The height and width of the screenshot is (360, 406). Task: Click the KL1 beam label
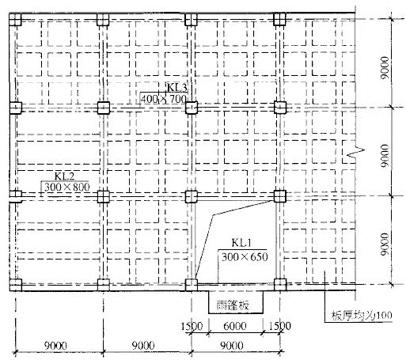(x=241, y=243)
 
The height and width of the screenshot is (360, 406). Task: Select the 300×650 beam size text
(x=245, y=256)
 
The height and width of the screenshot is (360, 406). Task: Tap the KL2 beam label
(x=64, y=176)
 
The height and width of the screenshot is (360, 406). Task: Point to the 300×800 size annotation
(x=66, y=188)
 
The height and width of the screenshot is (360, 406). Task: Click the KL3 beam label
(x=177, y=87)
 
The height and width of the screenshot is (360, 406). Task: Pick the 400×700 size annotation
(x=164, y=99)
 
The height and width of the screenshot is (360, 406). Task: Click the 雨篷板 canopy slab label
(x=233, y=305)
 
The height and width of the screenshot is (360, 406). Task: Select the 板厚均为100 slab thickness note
(x=362, y=315)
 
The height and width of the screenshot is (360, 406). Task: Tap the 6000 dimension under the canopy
(x=235, y=326)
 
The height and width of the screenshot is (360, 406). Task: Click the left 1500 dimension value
(x=192, y=326)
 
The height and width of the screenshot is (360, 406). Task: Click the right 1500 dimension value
(x=279, y=326)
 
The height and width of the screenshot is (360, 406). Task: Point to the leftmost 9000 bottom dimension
(x=55, y=345)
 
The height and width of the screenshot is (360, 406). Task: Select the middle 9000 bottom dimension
(x=143, y=345)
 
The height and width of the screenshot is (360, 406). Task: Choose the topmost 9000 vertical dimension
(x=385, y=68)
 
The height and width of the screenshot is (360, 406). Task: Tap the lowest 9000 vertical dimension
(x=385, y=244)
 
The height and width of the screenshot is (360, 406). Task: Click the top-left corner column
(x=15, y=20)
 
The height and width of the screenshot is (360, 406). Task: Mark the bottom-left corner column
(x=15, y=285)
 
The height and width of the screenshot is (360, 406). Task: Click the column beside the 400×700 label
(x=192, y=108)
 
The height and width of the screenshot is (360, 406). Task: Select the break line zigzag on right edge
(x=356, y=152)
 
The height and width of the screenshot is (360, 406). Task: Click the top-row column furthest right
(x=279, y=19)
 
